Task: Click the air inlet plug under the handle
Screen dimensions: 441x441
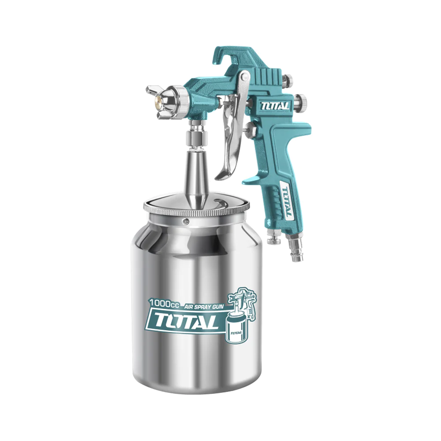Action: pyautogui.click(x=294, y=250)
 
